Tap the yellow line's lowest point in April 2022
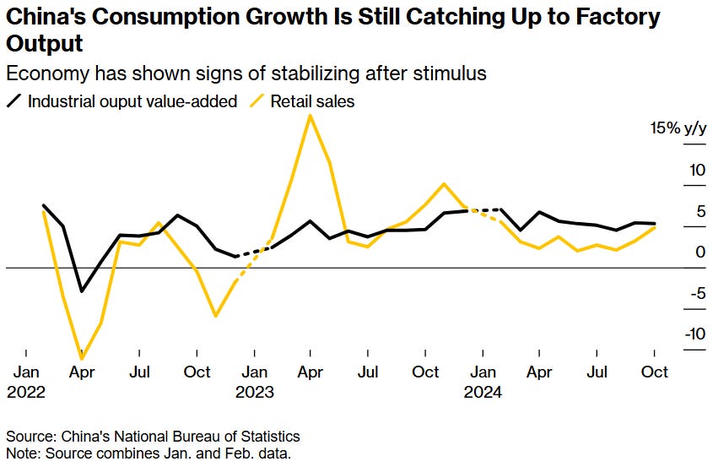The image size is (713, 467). click(x=82, y=359)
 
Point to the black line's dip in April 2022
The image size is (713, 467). click(x=82, y=291)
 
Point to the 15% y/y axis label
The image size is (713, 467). click(x=676, y=129)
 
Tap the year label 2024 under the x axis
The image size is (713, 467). click(x=483, y=393)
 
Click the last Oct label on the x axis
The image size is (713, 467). click(x=655, y=372)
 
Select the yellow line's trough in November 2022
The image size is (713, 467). click(x=216, y=316)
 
